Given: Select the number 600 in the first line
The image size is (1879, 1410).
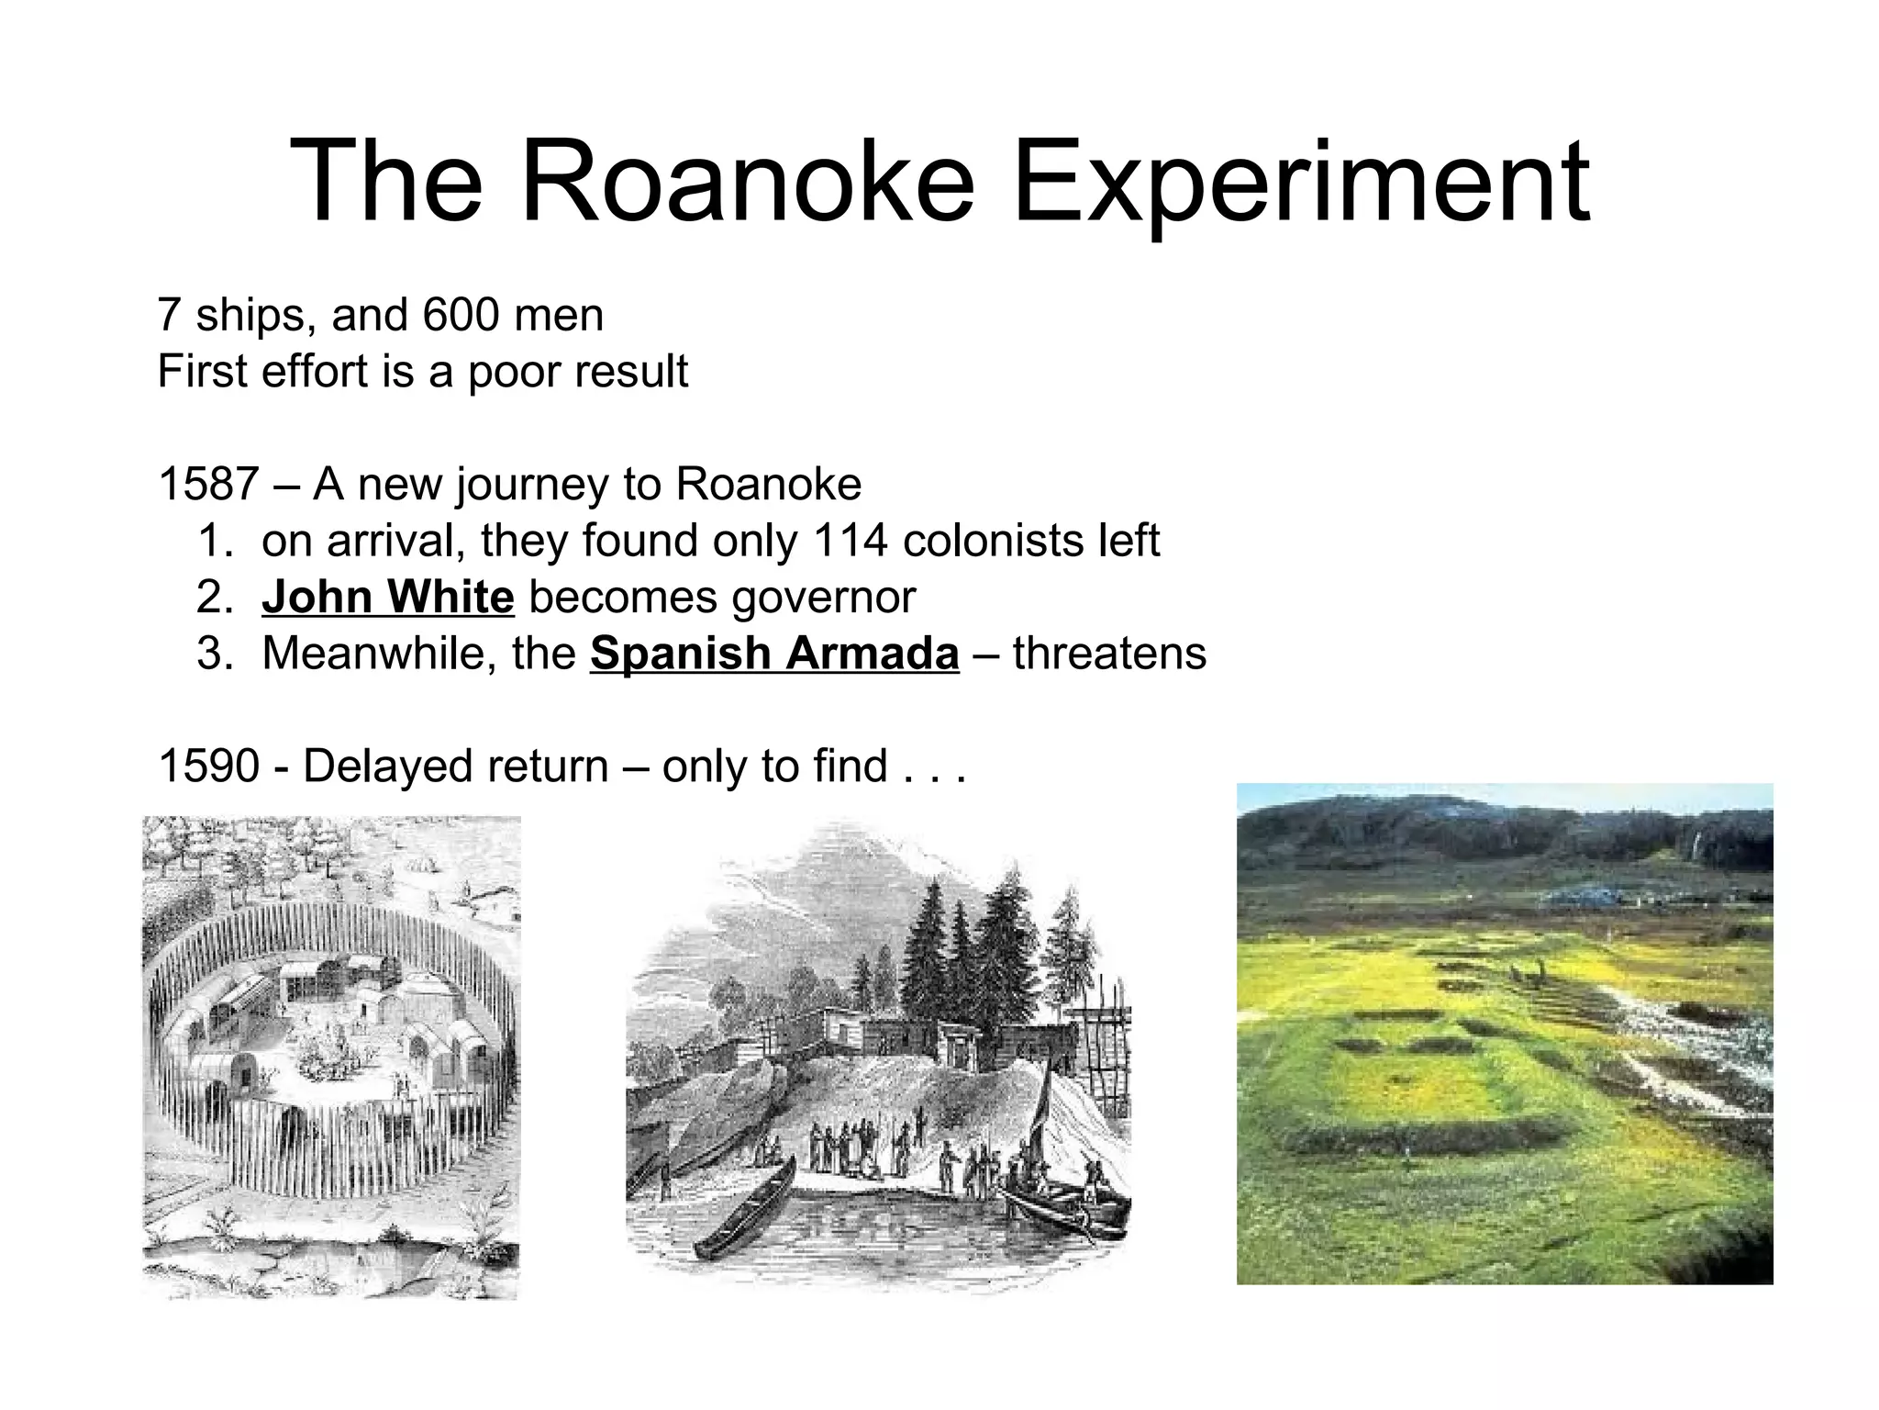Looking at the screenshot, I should pos(461,315).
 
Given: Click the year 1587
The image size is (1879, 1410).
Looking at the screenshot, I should pos(208,484).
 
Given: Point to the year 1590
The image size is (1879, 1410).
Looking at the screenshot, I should pos(208,766).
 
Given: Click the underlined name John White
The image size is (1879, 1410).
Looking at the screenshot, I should pos(387,598).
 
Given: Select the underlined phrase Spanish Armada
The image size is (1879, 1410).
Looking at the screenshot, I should pos(774,654).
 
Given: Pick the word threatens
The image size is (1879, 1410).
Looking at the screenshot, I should pos(1109,654).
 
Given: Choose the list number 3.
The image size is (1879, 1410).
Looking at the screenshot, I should pos(210,654).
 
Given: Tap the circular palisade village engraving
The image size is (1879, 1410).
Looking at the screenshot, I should pos(331,1056).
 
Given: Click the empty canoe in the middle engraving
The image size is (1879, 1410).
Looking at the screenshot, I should pos(745,1207).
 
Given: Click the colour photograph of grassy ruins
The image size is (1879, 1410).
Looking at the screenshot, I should pos(1505,1033).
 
